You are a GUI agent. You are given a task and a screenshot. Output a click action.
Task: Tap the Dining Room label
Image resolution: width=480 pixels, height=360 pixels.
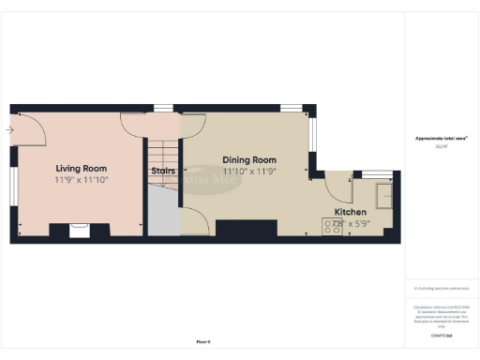pyautogui.click(x=248, y=160)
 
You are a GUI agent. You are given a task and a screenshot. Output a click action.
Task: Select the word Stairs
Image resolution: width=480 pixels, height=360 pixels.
pyautogui.click(x=162, y=171)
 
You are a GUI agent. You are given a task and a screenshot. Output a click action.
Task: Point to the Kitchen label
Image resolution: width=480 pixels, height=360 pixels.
pyautogui.click(x=350, y=212)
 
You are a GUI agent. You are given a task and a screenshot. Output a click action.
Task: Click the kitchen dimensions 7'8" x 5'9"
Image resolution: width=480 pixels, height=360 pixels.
pyautogui.click(x=347, y=224)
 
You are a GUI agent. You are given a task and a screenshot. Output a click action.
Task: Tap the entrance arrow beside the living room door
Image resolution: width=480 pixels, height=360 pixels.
pyautogui.click(x=10, y=129)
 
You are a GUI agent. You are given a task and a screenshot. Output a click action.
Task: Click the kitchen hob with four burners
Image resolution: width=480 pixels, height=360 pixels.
pyautogui.click(x=333, y=226)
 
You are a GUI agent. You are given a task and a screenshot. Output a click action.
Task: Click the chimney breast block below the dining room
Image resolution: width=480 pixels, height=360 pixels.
pyautogui.click(x=239, y=229)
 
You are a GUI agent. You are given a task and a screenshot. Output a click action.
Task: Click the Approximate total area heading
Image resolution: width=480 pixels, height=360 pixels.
pyautogui.click(x=441, y=139)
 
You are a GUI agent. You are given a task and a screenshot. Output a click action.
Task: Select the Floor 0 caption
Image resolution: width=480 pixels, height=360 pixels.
pyautogui.click(x=203, y=341)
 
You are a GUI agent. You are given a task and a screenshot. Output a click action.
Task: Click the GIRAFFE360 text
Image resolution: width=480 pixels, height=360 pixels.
pyautogui.click(x=441, y=335)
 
